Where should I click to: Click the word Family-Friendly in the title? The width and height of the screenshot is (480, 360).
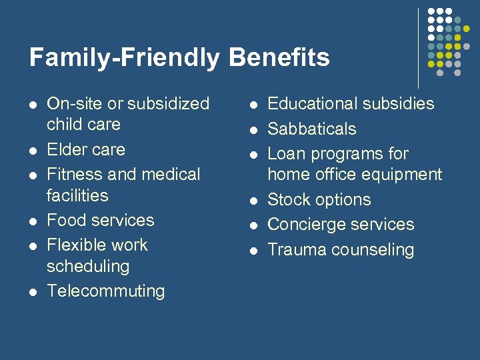tap(125, 58)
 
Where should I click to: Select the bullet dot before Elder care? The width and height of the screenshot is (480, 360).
tap(32, 151)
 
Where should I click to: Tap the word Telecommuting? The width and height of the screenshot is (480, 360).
tap(105, 291)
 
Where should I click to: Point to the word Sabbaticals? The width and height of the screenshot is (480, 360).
tap(311, 129)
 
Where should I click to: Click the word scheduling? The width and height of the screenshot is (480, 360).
tap(88, 267)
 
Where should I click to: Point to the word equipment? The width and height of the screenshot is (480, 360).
tap(405, 175)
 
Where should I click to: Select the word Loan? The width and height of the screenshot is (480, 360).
tap(286, 154)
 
